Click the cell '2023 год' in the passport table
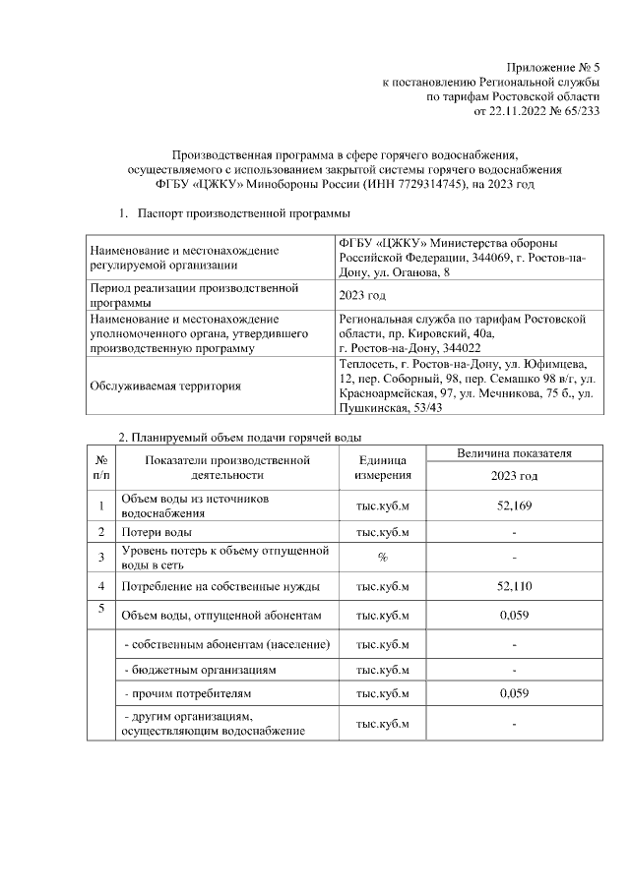(362, 295)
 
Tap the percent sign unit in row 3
(382, 558)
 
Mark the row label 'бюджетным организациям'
(201, 669)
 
